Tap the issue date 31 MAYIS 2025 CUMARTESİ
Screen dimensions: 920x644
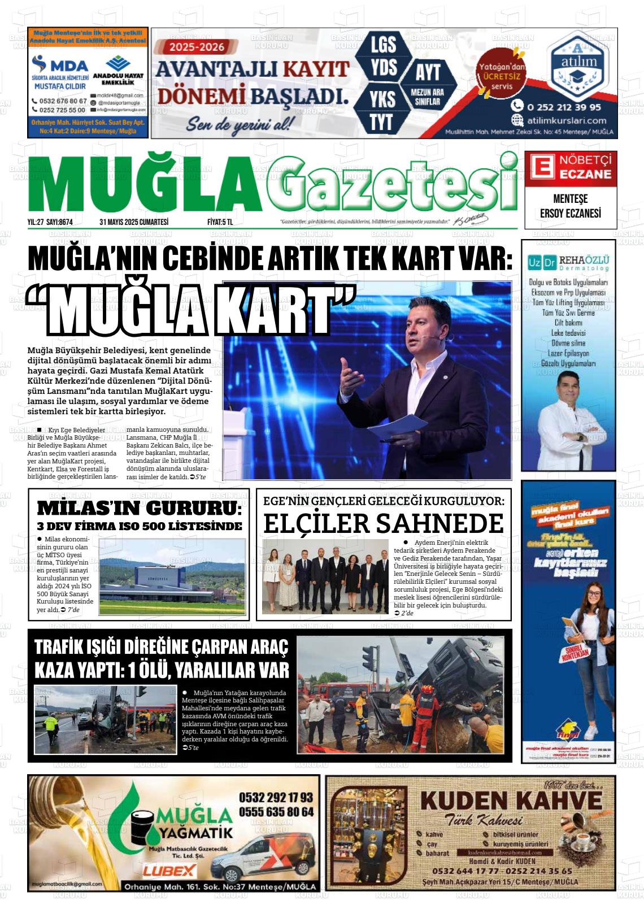click(x=134, y=222)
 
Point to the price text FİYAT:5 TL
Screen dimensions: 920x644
click(x=220, y=222)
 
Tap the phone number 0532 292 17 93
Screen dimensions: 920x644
click(x=276, y=797)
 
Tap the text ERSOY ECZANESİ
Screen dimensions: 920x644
click(x=570, y=213)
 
